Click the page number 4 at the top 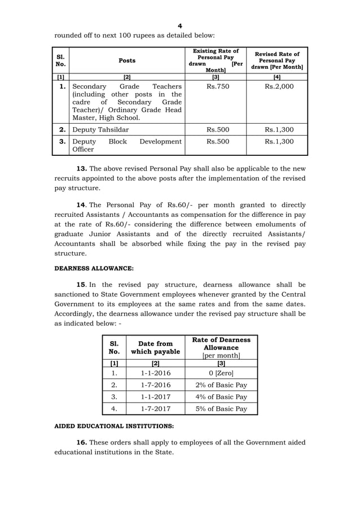pos(179,26)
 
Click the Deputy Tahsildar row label pos(100,130)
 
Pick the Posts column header pos(126,60)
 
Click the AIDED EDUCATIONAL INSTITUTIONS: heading pos(113,426)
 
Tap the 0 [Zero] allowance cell pos(221,373)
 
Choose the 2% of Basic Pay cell pos(221,385)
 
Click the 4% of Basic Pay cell pos(221,397)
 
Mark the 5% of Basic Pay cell pos(221,409)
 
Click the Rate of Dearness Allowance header pos(221,347)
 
